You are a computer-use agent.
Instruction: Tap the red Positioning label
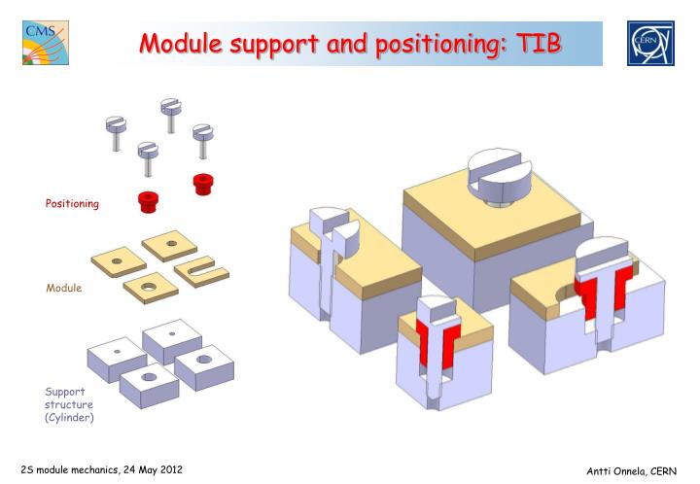click(72, 203)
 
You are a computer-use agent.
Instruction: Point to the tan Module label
click(64, 289)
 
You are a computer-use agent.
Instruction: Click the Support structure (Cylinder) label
click(69, 404)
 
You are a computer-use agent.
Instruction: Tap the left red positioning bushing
click(148, 201)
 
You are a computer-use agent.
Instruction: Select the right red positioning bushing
click(202, 183)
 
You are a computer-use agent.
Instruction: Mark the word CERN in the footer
click(663, 470)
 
